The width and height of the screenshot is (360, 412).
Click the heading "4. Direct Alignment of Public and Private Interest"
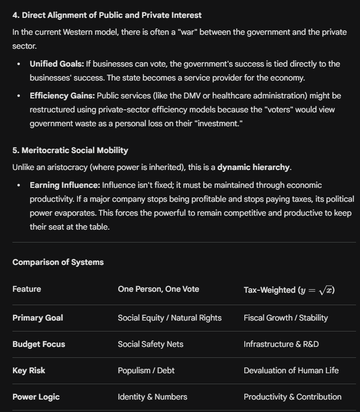click(x=107, y=15)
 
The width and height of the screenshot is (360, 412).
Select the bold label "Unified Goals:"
click(x=57, y=64)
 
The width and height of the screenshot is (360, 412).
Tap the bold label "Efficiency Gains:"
click(x=62, y=95)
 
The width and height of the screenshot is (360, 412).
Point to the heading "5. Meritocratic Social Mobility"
click(x=70, y=150)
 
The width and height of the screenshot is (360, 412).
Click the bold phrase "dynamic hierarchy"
click(x=253, y=167)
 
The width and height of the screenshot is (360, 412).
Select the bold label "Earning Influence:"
click(x=65, y=185)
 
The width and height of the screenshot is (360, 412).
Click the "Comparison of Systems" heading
click(x=58, y=262)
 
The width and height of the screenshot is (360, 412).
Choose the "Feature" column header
click(x=27, y=289)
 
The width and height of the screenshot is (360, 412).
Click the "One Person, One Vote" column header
click(x=158, y=289)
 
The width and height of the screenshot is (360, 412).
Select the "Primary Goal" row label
click(x=38, y=318)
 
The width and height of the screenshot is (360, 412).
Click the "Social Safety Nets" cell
click(x=150, y=344)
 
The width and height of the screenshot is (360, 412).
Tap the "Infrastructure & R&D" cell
click(x=281, y=344)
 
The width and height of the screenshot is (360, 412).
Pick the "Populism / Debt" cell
click(x=146, y=370)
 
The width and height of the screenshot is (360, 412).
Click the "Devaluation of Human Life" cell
click(x=291, y=370)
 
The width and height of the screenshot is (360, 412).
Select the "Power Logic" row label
click(x=36, y=397)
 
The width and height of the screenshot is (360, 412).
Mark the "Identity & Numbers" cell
click(x=152, y=397)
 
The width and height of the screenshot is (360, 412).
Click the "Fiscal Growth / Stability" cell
click(x=286, y=318)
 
